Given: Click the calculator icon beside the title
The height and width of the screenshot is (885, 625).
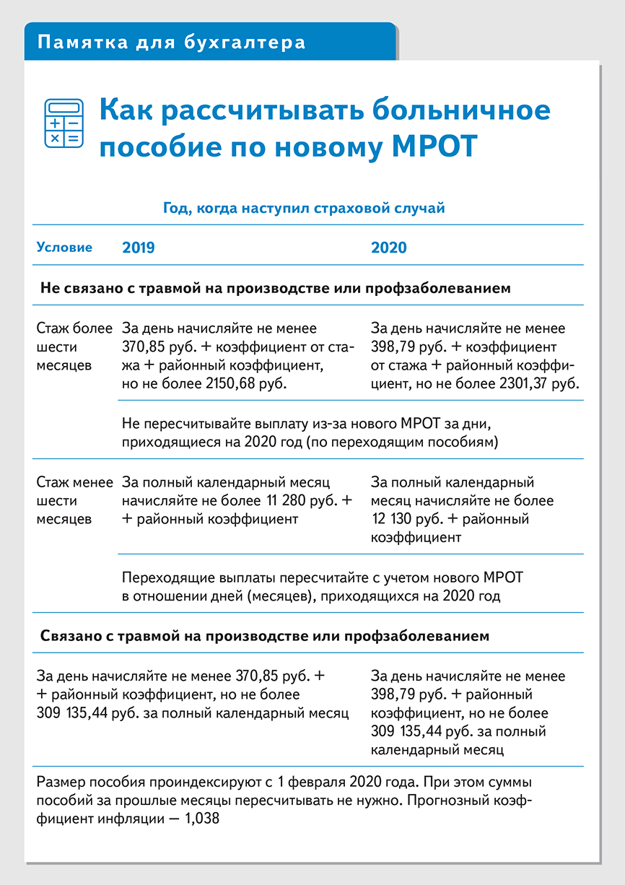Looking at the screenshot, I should coord(64,123).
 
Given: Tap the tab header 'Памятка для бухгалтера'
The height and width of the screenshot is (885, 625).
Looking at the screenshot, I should coord(171,43).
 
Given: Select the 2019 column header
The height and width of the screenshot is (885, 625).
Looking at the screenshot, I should coord(138,248).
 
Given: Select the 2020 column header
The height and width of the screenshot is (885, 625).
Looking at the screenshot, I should coord(388,248).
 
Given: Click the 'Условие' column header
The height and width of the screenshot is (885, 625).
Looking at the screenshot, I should coord(64,248).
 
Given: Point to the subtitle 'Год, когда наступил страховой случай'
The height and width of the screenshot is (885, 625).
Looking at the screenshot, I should coord(304,209).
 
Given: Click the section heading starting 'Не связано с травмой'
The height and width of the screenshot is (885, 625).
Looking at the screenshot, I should coord(275,288).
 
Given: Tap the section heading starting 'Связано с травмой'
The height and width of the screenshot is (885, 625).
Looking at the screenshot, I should coord(264,636).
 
